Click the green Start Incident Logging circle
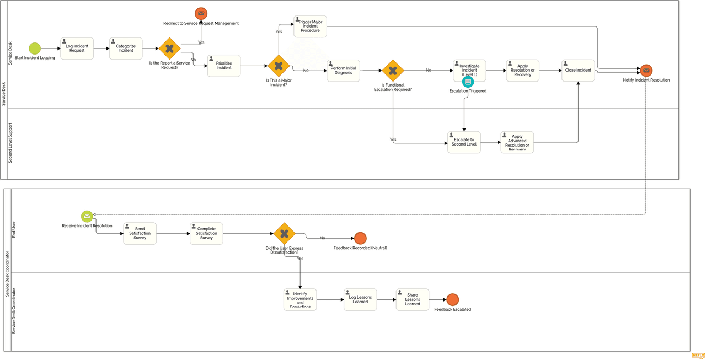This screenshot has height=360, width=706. click(x=35, y=49)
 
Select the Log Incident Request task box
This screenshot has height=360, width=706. click(x=77, y=49)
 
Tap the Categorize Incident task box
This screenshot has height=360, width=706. click(x=126, y=49)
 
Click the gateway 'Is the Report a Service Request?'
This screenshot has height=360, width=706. click(x=170, y=49)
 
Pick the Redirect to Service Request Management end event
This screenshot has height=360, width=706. click(x=201, y=13)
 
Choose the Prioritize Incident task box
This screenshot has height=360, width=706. click(x=224, y=66)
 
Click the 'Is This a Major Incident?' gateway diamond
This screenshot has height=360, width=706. click(x=279, y=66)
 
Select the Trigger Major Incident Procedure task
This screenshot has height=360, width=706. click(x=310, y=26)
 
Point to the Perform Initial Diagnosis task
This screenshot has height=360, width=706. click(x=343, y=71)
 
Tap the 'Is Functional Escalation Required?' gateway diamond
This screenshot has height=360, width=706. click(x=393, y=71)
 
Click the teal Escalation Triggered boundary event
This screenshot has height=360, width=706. click(x=468, y=82)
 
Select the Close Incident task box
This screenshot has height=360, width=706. click(x=578, y=71)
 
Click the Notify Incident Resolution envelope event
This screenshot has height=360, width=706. click(x=646, y=71)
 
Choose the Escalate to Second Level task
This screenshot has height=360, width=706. click(x=464, y=142)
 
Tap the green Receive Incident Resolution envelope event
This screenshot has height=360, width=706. click(x=87, y=216)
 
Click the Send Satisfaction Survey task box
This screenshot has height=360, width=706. click(x=140, y=233)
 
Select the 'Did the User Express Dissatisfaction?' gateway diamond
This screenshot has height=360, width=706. click(x=284, y=234)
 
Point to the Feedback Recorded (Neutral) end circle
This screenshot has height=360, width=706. click(x=360, y=238)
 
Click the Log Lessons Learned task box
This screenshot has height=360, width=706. click(x=360, y=299)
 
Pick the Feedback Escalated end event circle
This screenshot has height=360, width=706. click(x=452, y=299)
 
